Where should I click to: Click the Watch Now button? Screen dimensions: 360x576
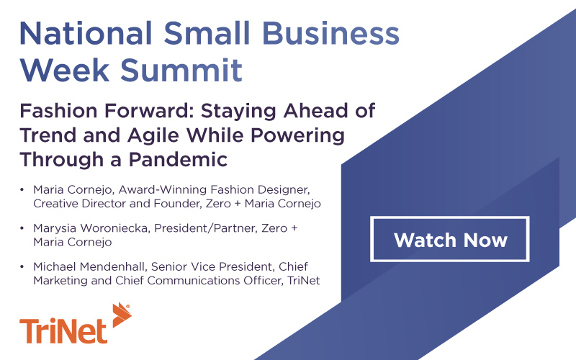click(x=450, y=238)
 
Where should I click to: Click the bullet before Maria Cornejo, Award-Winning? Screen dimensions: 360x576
click(x=23, y=190)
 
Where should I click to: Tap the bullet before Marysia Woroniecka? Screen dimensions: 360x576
click(x=23, y=228)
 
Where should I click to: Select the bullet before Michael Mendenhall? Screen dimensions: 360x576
click(x=23, y=267)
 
